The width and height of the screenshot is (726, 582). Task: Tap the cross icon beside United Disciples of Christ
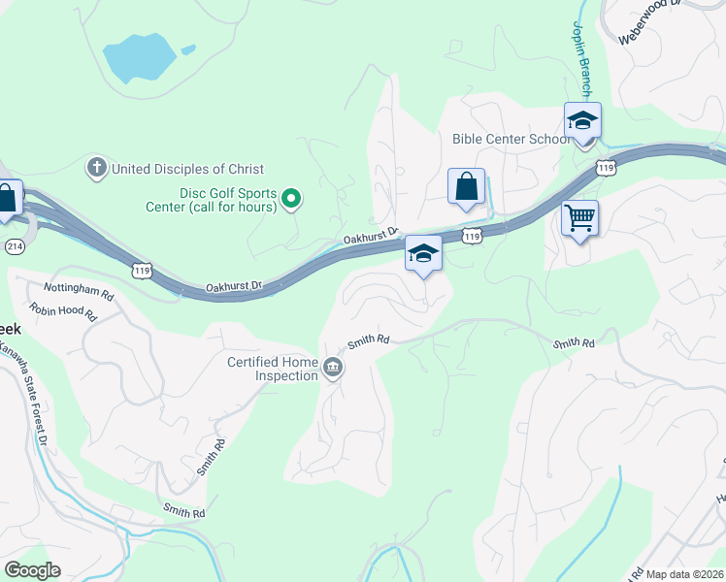(96, 168)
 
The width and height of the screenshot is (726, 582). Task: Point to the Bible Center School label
(511, 139)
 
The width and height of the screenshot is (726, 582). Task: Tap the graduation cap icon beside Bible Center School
(582, 121)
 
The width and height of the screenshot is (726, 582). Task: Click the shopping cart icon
(579, 218)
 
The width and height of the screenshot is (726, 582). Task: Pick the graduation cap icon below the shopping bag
(423, 254)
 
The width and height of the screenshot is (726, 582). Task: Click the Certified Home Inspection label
(273, 370)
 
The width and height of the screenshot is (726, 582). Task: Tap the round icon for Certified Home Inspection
(333, 368)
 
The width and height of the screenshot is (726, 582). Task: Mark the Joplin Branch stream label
(581, 58)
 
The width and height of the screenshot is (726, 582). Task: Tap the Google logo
(32, 570)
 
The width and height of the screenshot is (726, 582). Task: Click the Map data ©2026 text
(684, 574)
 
